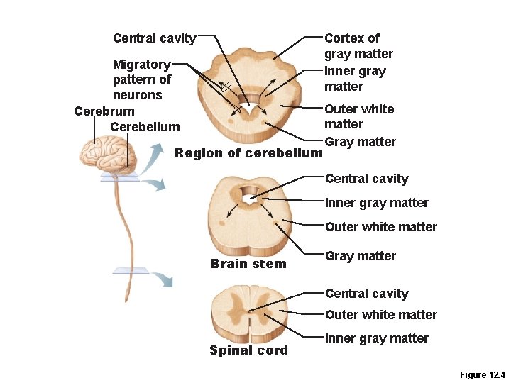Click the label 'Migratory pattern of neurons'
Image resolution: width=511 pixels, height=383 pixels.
[x=141, y=79]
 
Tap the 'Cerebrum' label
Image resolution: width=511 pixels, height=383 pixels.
[x=104, y=111]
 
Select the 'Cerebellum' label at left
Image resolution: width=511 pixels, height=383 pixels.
[x=145, y=127]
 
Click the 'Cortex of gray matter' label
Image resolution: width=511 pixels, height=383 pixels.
[x=358, y=45]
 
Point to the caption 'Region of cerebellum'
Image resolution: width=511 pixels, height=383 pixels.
[x=248, y=152]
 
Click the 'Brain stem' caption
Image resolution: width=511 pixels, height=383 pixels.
[x=248, y=264]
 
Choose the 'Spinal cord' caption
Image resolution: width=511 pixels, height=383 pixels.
[x=248, y=350]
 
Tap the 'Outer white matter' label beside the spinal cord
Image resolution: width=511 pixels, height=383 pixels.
[x=380, y=315]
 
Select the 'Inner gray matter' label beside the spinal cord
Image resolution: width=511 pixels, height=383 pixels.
[x=376, y=338]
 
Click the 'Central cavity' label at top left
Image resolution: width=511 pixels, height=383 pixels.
[x=154, y=38]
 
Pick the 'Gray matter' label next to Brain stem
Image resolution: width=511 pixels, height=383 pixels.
[x=360, y=256]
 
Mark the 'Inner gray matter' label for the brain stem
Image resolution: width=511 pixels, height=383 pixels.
[x=376, y=203]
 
